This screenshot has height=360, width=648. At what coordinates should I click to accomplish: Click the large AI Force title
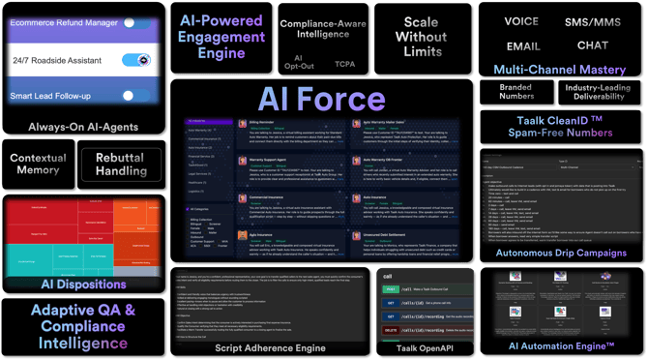(321, 100)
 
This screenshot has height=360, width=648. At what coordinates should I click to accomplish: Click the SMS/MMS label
(593, 20)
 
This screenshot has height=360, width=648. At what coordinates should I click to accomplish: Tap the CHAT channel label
(593, 45)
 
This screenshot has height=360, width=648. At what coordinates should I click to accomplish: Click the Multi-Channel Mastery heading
(560, 70)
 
